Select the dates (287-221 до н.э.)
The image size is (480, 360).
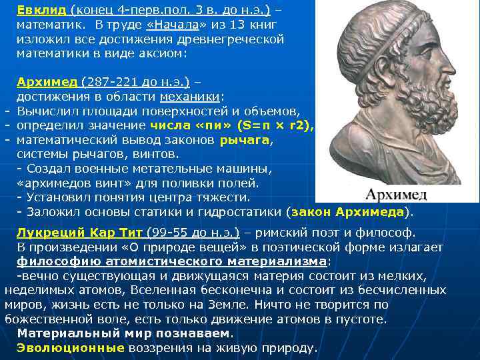[x=135, y=82]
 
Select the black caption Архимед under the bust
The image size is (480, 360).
[x=396, y=194]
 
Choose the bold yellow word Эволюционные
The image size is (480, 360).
[x=71, y=348]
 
